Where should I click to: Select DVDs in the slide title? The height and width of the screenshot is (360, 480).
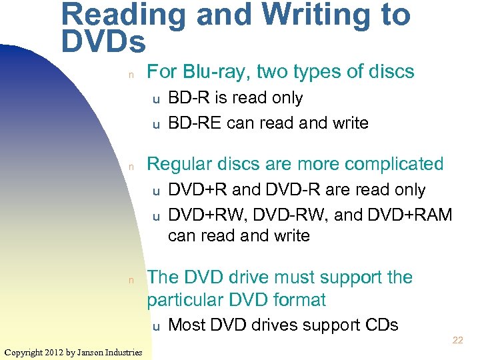point(103,41)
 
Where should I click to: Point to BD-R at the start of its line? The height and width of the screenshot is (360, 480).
point(187,98)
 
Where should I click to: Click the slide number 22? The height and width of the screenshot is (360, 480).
point(457,341)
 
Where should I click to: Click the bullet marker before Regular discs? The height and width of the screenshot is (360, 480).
point(132,165)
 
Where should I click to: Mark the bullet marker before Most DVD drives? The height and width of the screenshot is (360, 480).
point(155,327)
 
